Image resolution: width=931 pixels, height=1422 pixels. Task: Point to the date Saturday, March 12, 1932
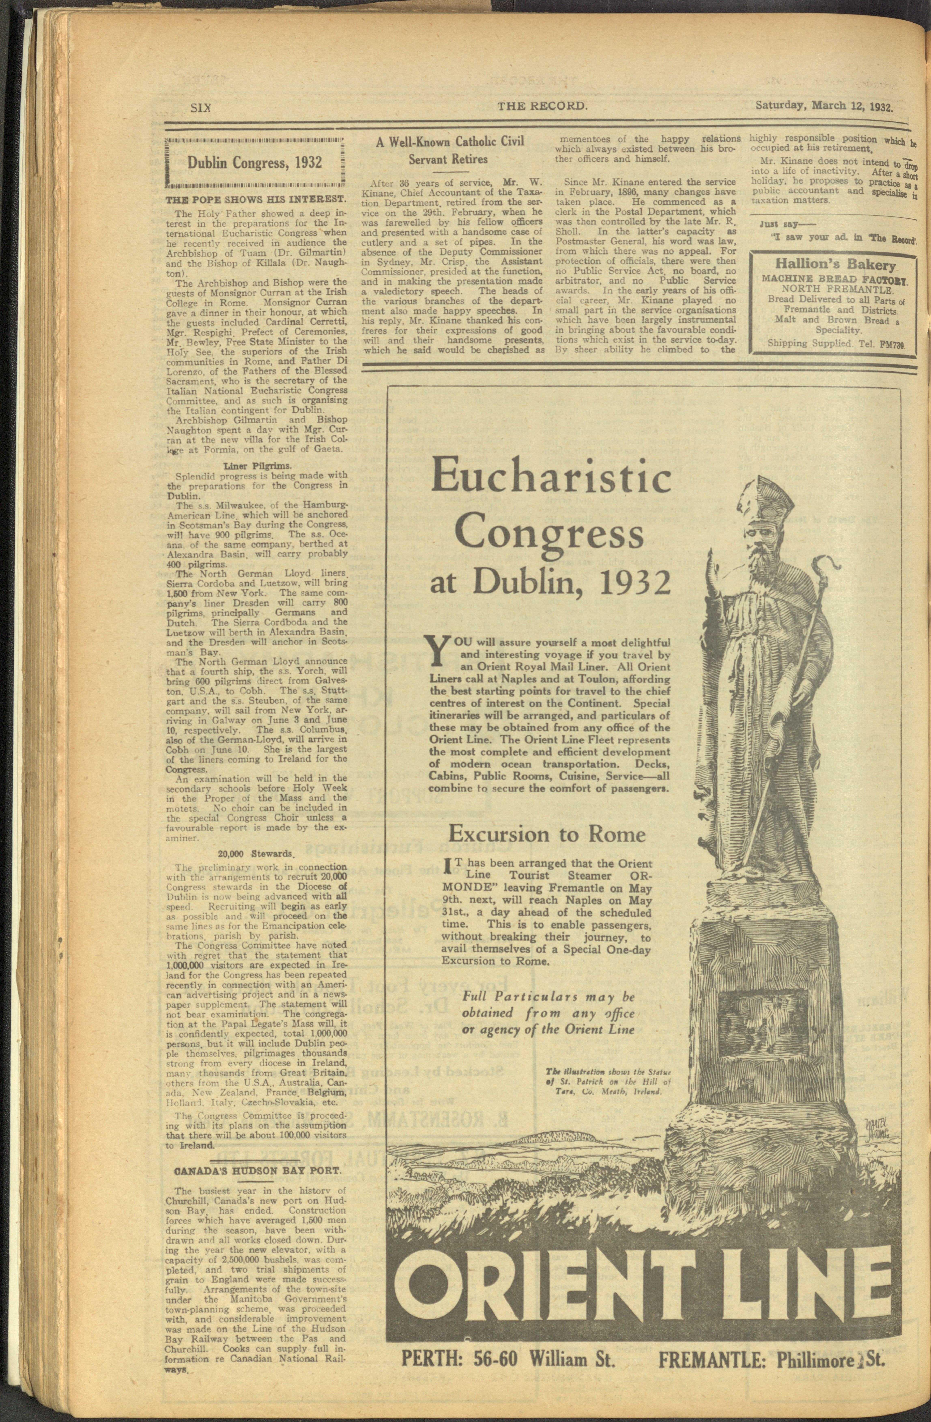pyautogui.click(x=823, y=106)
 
